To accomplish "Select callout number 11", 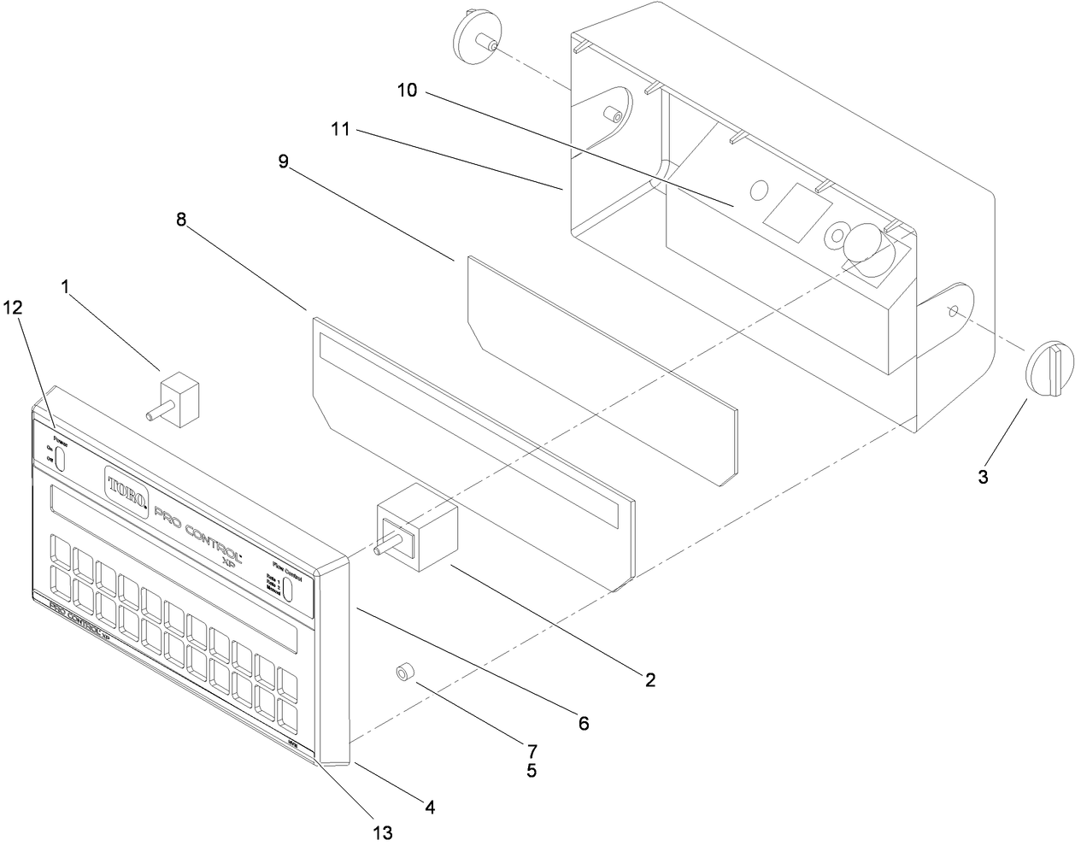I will (341, 130).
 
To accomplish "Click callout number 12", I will (15, 305).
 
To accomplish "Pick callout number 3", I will (983, 477).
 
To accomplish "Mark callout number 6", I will (583, 723).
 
